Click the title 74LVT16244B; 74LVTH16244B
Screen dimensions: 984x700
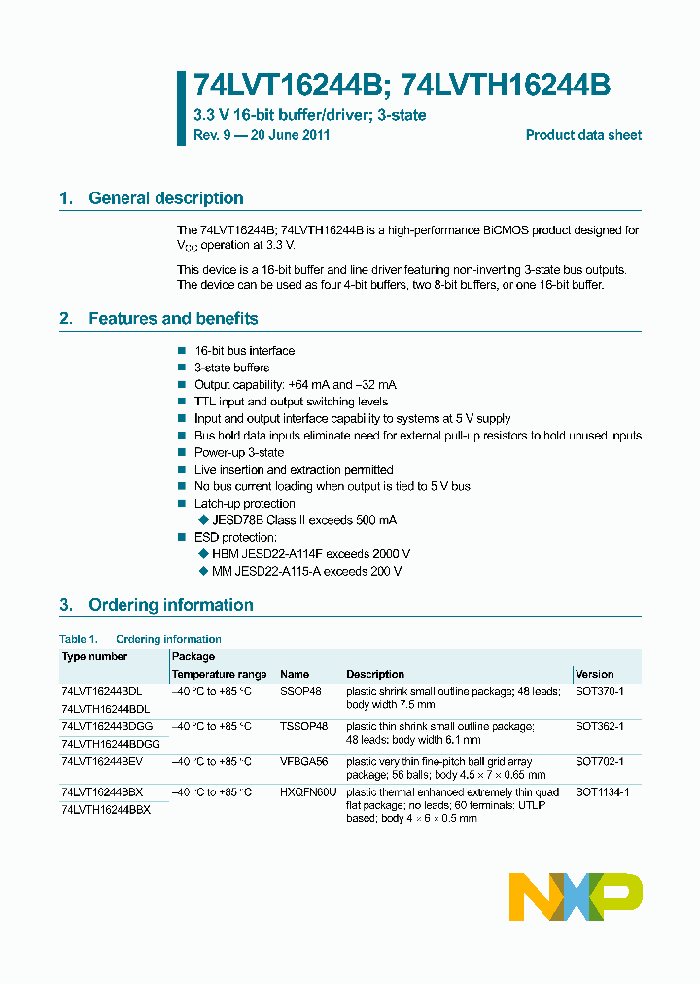[402, 86]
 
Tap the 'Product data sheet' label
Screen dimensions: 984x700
[583, 135]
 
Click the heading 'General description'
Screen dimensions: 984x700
[165, 198]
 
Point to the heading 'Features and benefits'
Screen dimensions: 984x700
[173, 319]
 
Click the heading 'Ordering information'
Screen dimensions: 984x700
[170, 605]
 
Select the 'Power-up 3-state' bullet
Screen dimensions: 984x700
[239, 452]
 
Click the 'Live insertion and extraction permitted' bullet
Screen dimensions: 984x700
[294, 470]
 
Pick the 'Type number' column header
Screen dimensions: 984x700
[94, 657]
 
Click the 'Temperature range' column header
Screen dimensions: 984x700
[219, 674]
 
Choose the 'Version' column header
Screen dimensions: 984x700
[594, 674]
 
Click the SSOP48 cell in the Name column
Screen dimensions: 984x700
[300, 691]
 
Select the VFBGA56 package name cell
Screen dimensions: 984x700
[305, 761]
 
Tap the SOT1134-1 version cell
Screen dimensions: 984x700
[602, 792]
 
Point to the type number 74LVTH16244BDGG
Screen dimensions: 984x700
[110, 743]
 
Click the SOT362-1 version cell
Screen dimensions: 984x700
[599, 726]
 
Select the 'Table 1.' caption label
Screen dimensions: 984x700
[79, 639]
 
